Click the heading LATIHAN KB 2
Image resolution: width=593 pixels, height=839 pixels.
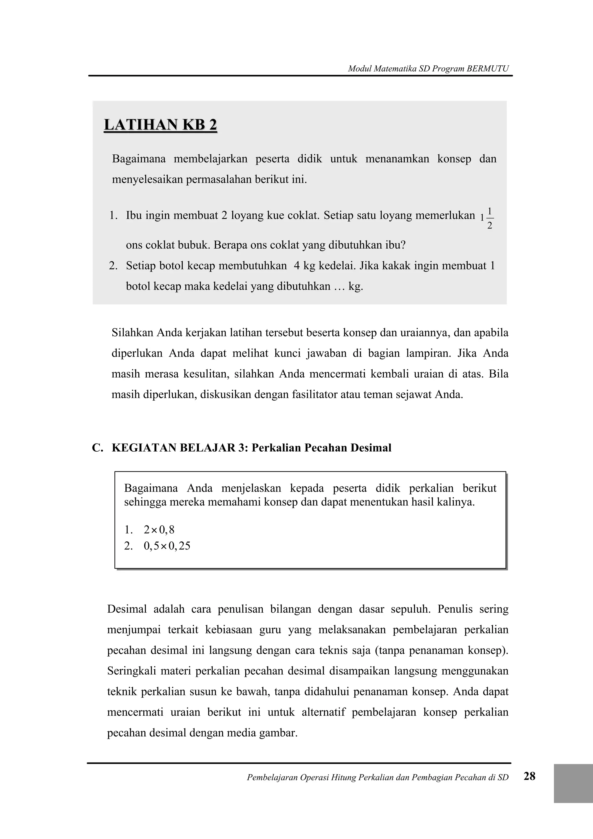click(x=160, y=125)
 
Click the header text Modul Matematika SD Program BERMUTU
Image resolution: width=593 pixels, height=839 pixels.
click(x=428, y=68)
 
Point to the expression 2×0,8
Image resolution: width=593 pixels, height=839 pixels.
click(x=159, y=530)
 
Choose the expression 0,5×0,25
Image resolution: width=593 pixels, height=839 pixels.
click(x=167, y=546)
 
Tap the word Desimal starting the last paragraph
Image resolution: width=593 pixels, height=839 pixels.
click(x=127, y=609)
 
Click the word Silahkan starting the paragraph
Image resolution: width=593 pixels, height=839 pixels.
click(x=133, y=333)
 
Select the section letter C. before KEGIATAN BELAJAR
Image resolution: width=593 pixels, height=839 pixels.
click(x=97, y=448)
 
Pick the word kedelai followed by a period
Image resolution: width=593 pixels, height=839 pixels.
click(x=337, y=266)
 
